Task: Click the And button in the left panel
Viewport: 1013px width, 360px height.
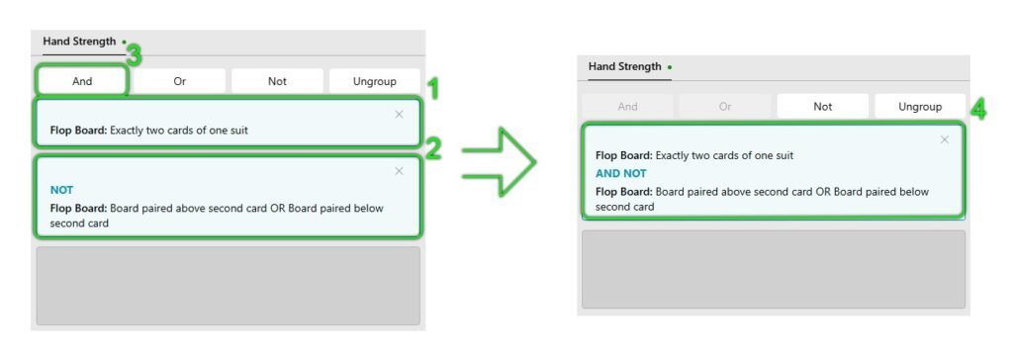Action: [82, 81]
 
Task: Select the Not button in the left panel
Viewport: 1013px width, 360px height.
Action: [277, 81]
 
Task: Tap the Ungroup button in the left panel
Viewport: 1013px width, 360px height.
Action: [375, 81]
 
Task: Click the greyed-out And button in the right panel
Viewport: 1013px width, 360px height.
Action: [627, 107]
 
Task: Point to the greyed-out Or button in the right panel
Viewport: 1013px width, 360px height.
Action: [725, 107]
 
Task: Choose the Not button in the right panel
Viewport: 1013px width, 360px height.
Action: [822, 107]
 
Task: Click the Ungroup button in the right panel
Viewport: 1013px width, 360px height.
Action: [920, 107]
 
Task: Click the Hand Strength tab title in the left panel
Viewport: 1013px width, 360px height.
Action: [79, 42]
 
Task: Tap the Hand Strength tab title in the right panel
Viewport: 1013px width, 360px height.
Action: [625, 66]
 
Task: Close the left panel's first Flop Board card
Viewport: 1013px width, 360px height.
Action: [400, 115]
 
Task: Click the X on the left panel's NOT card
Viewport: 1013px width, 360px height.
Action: [400, 171]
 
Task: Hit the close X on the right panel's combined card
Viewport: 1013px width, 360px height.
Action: [945, 139]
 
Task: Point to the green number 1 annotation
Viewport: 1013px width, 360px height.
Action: [434, 89]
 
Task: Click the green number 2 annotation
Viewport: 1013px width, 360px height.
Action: [432, 148]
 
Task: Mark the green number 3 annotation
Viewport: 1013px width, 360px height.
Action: [134, 56]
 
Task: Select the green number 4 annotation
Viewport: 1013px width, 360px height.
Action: [978, 111]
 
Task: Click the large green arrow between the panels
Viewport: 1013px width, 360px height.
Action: [499, 162]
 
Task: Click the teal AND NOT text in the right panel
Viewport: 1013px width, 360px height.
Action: [621, 173]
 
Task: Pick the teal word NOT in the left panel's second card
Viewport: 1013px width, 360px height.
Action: [61, 190]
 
